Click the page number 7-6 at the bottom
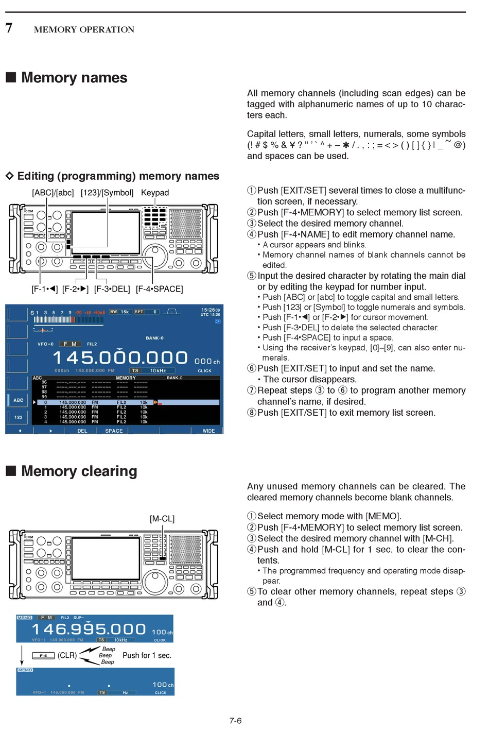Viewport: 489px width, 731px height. pyautogui.click(x=235, y=721)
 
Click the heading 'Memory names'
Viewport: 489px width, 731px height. pyautogui.click(x=74, y=78)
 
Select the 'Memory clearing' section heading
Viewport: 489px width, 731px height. pyautogui.click(x=79, y=471)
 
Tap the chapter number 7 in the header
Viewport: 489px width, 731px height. pyautogui.click(x=9, y=28)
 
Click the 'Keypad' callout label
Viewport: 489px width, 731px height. pyautogui.click(x=155, y=193)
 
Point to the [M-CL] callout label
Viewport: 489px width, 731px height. pyautogui.click(x=162, y=519)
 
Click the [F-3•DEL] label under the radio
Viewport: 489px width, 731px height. pyautogui.click(x=112, y=289)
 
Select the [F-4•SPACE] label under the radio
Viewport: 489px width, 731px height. pyautogui.click(x=159, y=289)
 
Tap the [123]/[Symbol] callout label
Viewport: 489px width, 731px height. pyautogui.click(x=107, y=193)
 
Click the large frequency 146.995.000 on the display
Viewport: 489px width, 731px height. pyautogui.click(x=89, y=629)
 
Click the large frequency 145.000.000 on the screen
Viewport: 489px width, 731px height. pyautogui.click(x=120, y=358)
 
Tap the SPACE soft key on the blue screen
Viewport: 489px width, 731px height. pyautogui.click(x=114, y=431)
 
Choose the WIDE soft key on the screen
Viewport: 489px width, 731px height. pyautogui.click(x=208, y=431)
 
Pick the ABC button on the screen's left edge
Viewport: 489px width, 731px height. pyautogui.click(x=18, y=400)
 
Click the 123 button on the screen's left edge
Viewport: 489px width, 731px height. pyautogui.click(x=18, y=417)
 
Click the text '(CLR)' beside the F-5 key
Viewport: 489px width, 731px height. pyautogui.click(x=67, y=655)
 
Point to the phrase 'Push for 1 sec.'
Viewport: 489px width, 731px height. pyautogui.click(x=147, y=655)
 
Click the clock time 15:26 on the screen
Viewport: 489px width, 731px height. pyautogui.click(x=208, y=310)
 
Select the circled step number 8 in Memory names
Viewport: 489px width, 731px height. pyautogui.click(x=252, y=413)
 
